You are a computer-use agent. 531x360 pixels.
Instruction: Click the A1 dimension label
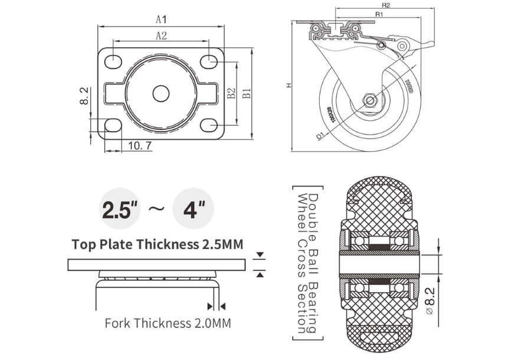click(x=162, y=19)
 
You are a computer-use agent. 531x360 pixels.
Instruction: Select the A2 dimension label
click(x=161, y=35)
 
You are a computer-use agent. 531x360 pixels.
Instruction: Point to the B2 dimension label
click(x=232, y=93)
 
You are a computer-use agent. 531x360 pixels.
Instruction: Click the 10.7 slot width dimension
click(x=136, y=145)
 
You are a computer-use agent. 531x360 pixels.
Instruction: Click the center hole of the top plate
click(x=161, y=93)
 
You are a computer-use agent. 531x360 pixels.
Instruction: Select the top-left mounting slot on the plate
click(x=113, y=61)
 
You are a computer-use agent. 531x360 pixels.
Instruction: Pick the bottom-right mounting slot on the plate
click(x=209, y=125)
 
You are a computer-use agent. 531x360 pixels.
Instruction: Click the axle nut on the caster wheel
click(x=370, y=100)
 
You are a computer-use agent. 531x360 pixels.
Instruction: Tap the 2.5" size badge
click(x=120, y=210)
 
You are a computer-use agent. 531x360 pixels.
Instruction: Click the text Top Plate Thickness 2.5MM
click(x=158, y=244)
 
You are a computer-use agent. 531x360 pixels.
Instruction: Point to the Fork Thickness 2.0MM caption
click(x=168, y=323)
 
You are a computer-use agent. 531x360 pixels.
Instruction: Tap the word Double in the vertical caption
click(x=313, y=211)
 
